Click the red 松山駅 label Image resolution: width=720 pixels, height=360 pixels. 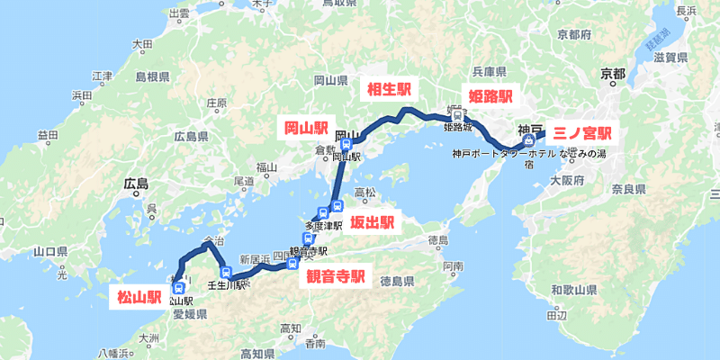[138, 295]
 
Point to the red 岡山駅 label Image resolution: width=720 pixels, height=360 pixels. [307, 129]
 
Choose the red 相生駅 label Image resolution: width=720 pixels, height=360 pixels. [386, 88]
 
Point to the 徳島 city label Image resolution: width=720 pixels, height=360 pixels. [438, 240]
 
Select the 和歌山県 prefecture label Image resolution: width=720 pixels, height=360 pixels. [574, 291]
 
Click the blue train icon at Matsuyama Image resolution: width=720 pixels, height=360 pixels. [178, 289]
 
